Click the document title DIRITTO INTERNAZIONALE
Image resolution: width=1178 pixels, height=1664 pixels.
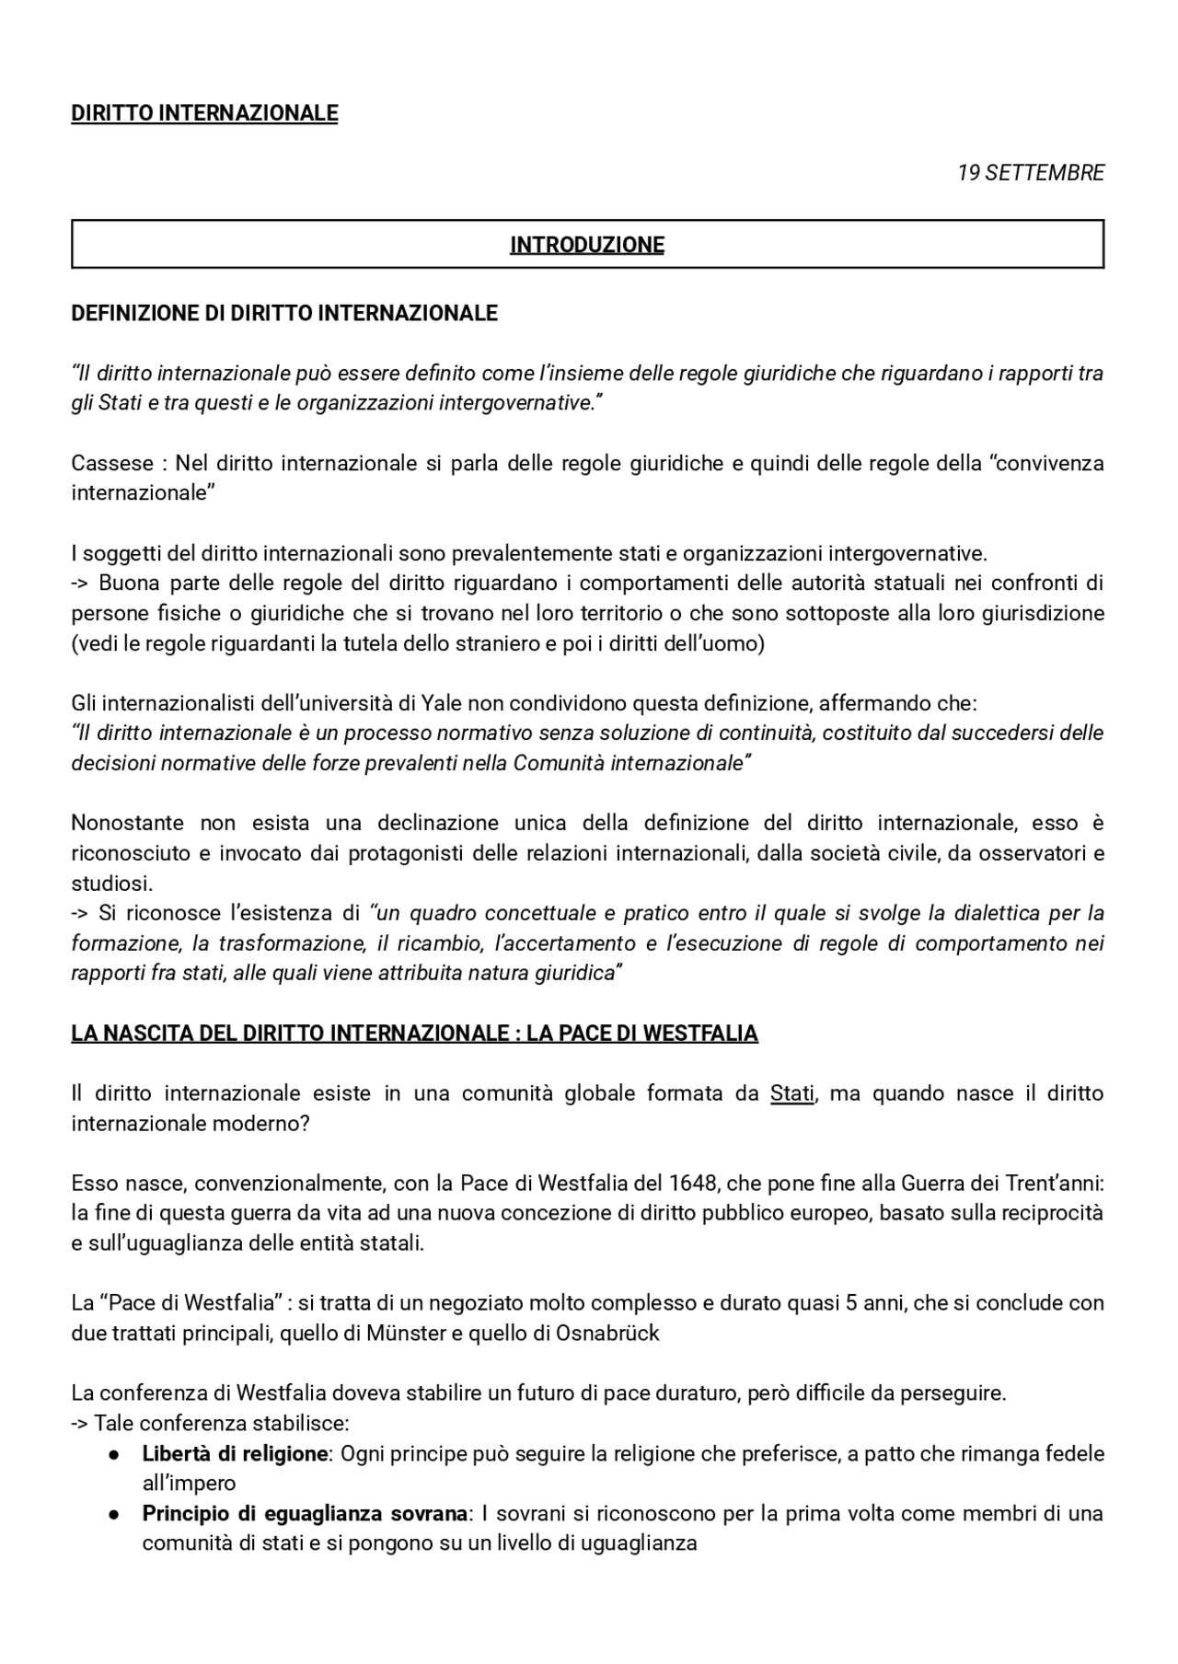tap(204, 113)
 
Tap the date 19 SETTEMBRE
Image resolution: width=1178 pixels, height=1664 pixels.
tap(1030, 173)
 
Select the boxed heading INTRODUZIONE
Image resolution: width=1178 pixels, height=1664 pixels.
tap(587, 245)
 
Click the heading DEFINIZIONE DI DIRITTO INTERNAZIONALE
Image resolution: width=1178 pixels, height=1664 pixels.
tap(284, 313)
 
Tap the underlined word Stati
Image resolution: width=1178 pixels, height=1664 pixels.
tap(791, 1093)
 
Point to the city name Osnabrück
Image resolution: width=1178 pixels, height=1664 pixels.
tap(607, 1333)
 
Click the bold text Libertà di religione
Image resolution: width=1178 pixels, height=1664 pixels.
tap(235, 1454)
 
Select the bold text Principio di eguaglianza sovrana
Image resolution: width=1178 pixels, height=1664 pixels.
tap(305, 1513)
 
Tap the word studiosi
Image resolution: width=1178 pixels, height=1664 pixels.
tap(111, 884)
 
